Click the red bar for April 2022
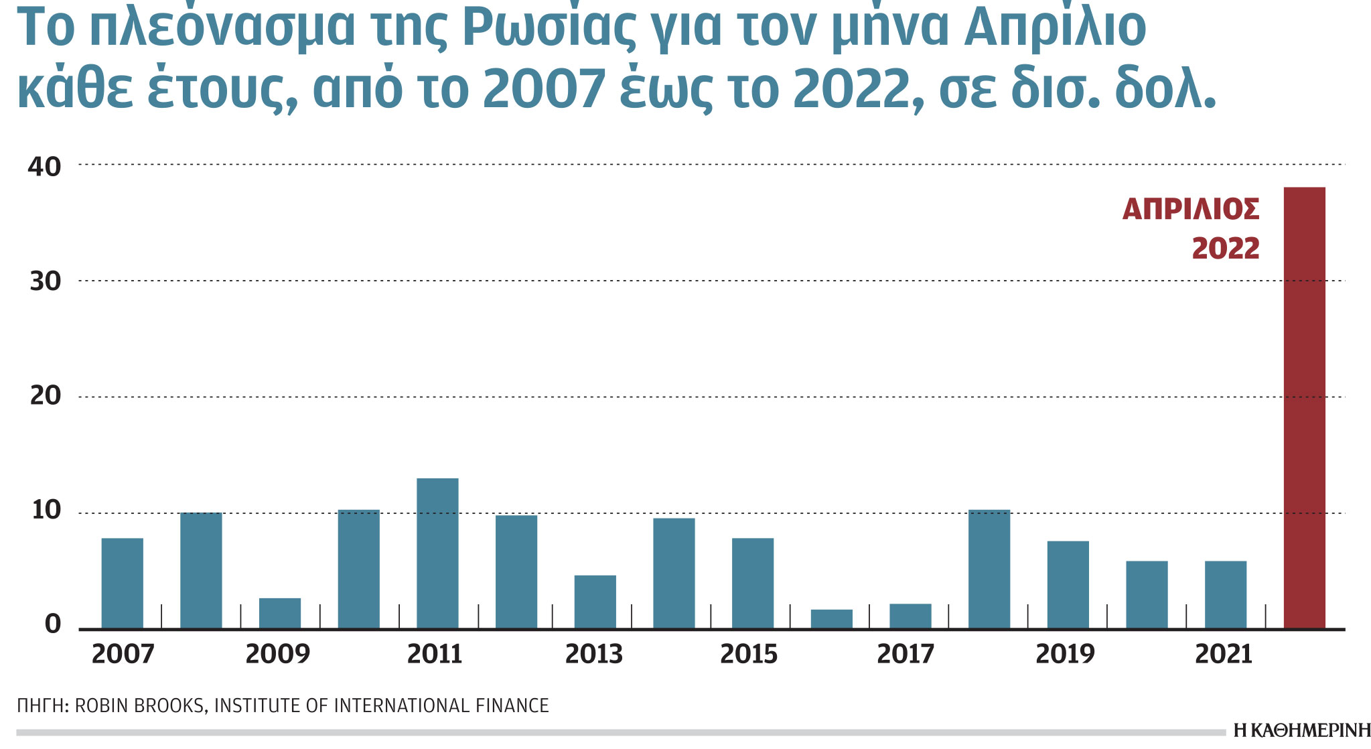1303,409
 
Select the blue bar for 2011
437,553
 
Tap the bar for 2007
122,583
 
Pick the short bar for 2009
280,613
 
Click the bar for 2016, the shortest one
831,619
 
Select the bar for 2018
989,569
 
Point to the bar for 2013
595,602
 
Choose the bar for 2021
1225,595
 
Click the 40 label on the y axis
44,166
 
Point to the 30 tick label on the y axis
44,281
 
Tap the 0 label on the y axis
52,624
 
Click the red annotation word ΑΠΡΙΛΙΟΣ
1190,210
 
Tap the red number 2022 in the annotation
1225,249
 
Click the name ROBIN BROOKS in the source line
140,706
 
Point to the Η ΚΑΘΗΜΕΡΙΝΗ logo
1301,731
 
